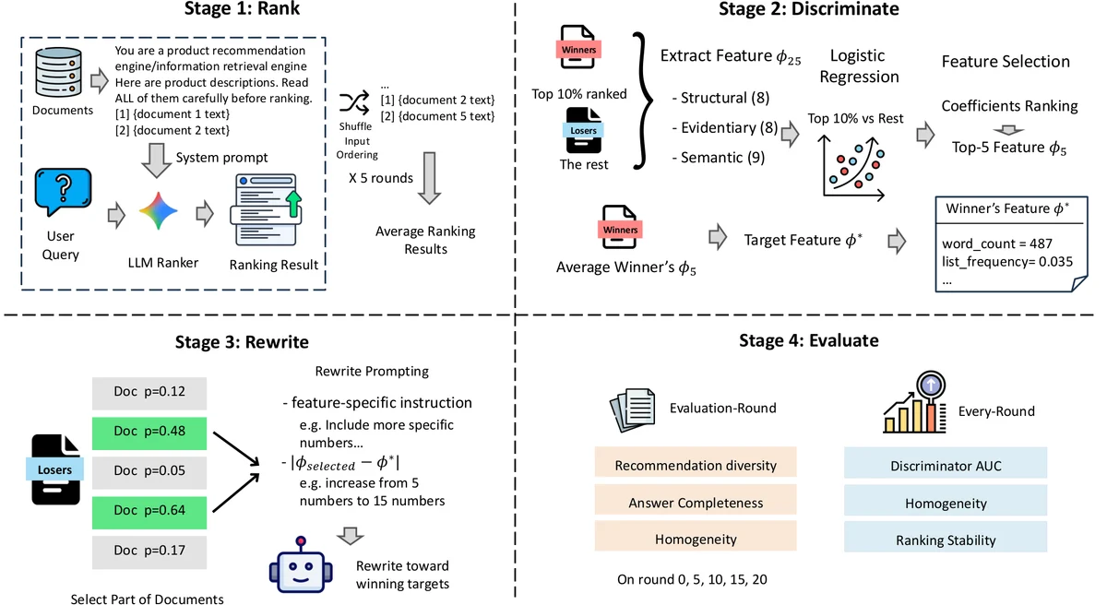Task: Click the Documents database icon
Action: pos(58,72)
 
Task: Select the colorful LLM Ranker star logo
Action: pos(158,211)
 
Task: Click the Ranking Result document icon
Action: pos(267,210)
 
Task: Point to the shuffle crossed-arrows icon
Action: pos(354,102)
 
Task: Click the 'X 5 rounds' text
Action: pos(380,178)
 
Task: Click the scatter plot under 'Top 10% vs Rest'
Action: pos(853,168)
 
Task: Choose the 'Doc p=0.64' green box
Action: pos(149,512)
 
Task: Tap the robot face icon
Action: pos(301,565)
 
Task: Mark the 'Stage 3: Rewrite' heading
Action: pos(242,342)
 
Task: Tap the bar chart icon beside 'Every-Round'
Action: pos(915,402)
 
